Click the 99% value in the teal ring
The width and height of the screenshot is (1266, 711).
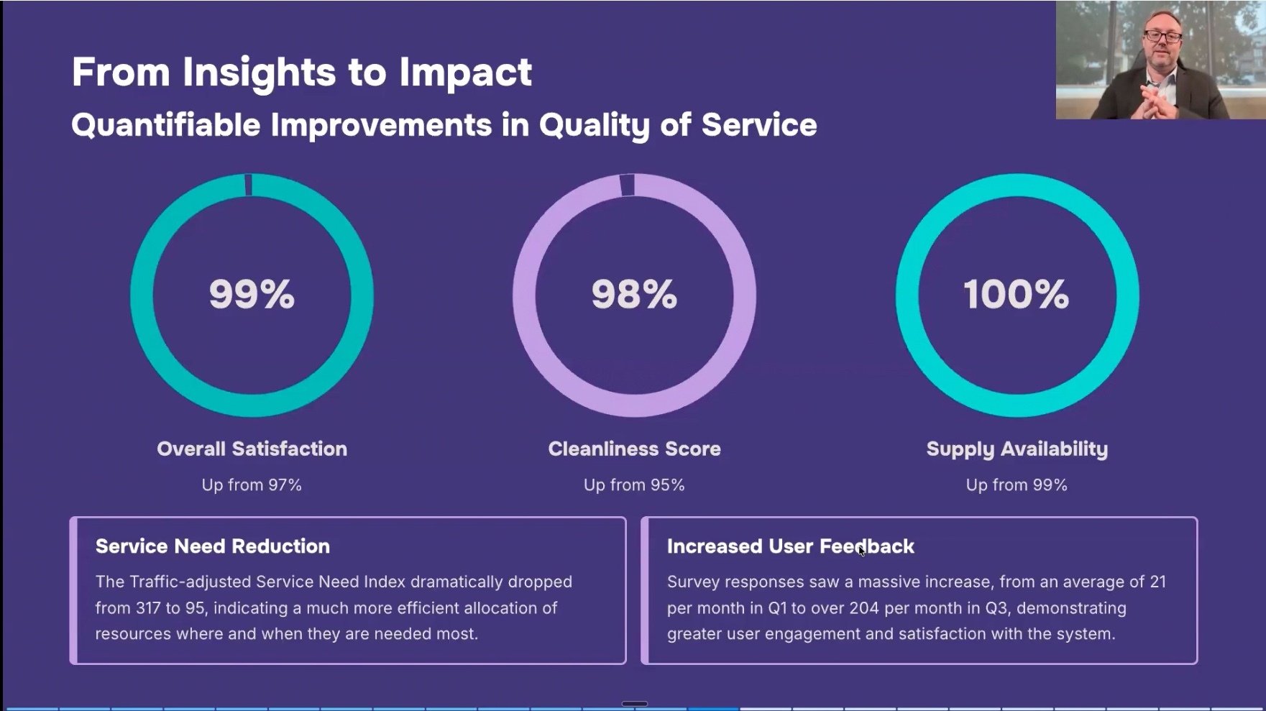pos(252,294)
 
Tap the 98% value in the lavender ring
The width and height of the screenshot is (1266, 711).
pos(634,294)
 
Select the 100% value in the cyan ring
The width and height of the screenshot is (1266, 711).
pos(1016,294)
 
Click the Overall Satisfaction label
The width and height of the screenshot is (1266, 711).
pos(252,449)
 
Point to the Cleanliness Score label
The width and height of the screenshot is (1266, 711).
pos(634,449)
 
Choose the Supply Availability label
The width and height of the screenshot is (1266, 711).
pos(1017,449)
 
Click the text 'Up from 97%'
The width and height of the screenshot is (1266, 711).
pos(252,485)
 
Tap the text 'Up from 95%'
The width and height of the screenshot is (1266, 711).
pos(634,485)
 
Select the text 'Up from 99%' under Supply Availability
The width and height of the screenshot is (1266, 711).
pos(1017,485)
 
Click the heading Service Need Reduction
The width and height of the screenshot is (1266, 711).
pos(213,546)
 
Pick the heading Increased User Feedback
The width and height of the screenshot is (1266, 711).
pos(790,546)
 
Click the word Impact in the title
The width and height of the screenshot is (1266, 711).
pos(465,72)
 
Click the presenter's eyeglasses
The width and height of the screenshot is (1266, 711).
pos(1162,36)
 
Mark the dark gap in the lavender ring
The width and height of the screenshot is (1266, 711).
pos(627,185)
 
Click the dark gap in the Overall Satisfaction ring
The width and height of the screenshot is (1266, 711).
pos(249,185)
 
